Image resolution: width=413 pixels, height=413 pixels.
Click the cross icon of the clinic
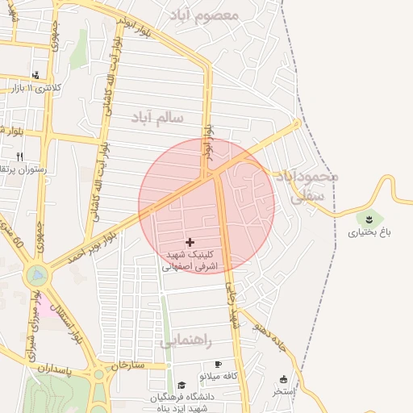coord(190,242)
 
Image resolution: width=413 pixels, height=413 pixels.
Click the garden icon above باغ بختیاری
coord(370,218)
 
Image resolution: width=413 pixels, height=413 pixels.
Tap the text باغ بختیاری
coord(367,233)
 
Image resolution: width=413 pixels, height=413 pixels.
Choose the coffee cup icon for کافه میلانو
coord(218,365)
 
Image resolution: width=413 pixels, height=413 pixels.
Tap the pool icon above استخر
coord(283,378)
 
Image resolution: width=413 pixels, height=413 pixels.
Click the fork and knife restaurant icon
coord(19,156)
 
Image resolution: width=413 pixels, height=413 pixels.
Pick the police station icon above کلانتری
coord(35,75)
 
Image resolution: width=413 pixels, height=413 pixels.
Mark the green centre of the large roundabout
coord(36,276)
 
